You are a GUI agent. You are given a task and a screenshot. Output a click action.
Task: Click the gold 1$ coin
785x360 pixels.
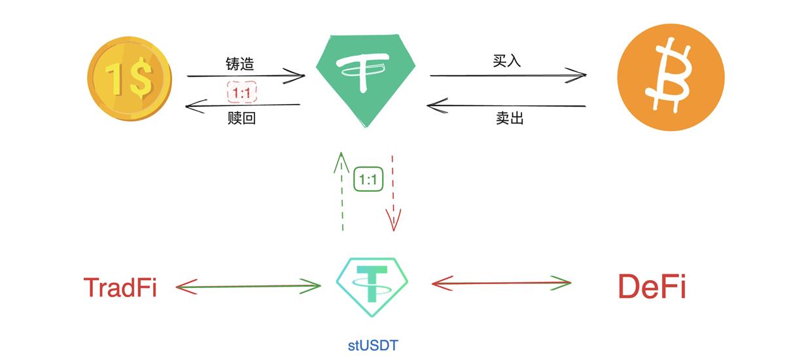click(x=130, y=81)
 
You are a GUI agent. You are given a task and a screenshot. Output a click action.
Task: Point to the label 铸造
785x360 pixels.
click(x=239, y=64)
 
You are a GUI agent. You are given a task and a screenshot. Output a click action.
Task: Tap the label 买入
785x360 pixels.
click(x=507, y=62)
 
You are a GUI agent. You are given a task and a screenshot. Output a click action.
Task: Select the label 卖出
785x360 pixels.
click(x=509, y=118)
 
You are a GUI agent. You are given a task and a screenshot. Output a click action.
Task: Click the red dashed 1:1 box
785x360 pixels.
click(x=241, y=93)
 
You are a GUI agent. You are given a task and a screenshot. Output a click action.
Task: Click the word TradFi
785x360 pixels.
click(x=120, y=287)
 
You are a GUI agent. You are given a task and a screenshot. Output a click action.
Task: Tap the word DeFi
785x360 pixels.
click(x=652, y=286)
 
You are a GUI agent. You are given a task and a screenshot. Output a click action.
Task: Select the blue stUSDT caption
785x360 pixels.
click(x=372, y=344)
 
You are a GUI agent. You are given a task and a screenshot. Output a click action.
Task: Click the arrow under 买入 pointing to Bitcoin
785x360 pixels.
click(x=507, y=75)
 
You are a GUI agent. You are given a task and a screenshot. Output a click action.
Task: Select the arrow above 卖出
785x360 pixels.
click(x=507, y=105)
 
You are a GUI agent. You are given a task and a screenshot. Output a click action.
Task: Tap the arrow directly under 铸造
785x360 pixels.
click(x=245, y=76)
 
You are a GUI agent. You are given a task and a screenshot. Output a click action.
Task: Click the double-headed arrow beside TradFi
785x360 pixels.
click(x=249, y=286)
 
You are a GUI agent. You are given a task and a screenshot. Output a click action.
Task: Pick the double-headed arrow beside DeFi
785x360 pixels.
click(x=502, y=283)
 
